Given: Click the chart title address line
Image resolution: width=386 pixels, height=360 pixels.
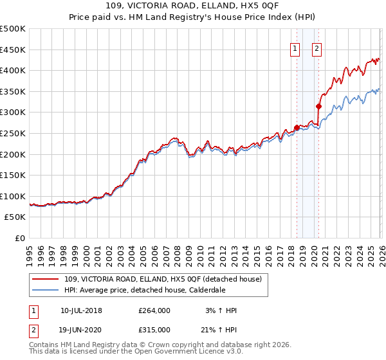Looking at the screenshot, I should [x=193, y=6].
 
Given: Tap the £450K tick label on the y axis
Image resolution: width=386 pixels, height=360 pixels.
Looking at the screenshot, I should [x=13, y=50].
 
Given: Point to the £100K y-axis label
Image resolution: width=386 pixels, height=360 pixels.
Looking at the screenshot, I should [x=13, y=196].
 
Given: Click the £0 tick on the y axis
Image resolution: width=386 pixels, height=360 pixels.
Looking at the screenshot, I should [x=21, y=239].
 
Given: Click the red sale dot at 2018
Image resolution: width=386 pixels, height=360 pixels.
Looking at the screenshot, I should [x=297, y=127].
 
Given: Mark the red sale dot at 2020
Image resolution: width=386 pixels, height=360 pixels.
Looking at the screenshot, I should [x=318, y=106].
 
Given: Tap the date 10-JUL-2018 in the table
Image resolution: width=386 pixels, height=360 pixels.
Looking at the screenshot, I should [x=81, y=310].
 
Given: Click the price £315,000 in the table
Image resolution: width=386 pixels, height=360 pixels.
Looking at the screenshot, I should [x=154, y=329].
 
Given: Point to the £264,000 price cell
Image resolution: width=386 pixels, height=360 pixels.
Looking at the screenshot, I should [x=154, y=310].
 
